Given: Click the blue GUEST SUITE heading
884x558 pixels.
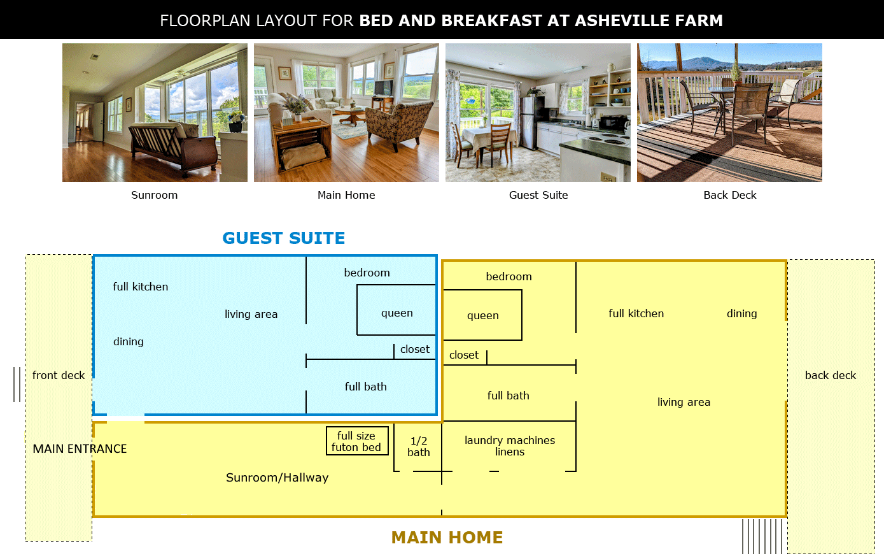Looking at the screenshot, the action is pos(284,238).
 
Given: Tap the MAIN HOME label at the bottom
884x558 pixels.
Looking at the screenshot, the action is pos(447,538).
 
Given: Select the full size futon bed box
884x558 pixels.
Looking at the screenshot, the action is pos(357,441).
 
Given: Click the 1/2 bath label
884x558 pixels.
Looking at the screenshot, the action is pos(419,447).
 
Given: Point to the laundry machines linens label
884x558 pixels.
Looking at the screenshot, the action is pos(510,446).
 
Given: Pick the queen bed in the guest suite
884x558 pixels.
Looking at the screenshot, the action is pos(396,310).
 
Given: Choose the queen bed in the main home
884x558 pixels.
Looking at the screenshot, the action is pos(482,315).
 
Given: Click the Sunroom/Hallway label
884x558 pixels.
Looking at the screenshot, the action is pos(277,478).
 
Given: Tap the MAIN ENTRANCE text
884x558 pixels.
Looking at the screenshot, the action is pos(80,449).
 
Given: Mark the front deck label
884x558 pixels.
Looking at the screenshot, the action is pos(59,375).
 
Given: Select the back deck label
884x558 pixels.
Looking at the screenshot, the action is pos(831,375).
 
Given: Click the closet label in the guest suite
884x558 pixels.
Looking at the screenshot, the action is pos(415,349).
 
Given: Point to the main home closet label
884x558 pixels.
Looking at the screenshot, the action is pos(464,355).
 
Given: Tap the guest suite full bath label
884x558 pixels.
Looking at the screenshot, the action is pos(365,387).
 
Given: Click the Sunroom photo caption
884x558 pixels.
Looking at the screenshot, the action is pos(154,195).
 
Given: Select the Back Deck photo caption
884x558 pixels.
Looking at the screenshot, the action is pos(730,195).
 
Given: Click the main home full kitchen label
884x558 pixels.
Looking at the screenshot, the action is pos(636,313).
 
